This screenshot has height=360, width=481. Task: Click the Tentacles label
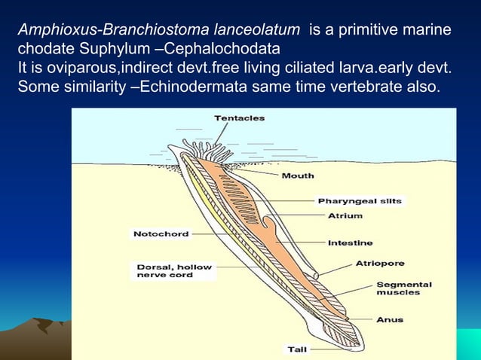pos(239,117)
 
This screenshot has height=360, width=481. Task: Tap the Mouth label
pos(298,175)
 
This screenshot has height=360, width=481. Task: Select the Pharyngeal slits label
pos(360,201)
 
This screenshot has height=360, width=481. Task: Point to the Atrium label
pos(345,215)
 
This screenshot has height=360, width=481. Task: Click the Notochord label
pos(161,233)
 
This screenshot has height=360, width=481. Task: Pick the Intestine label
pos(350,243)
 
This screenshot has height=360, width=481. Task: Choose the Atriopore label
pos(380,264)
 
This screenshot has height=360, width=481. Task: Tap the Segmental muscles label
pos(403,288)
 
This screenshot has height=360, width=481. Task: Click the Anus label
pos(390,319)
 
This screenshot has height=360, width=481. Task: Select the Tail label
pos(296,349)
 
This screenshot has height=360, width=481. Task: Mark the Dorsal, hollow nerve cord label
pos(174,270)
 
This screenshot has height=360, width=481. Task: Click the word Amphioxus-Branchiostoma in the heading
pos(93,30)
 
